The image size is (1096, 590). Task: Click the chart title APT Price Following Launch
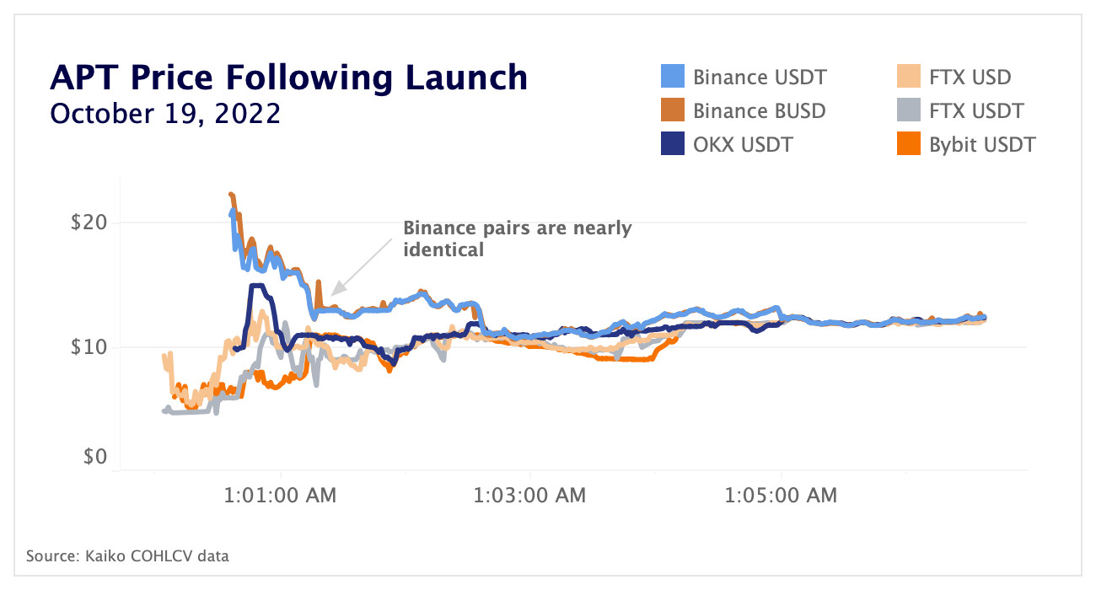pyautogui.click(x=288, y=78)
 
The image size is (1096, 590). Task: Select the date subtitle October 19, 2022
pyautogui.click(x=165, y=114)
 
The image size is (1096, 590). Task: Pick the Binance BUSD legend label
pyautogui.click(x=759, y=111)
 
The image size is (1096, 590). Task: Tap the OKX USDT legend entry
pyautogui.click(x=742, y=145)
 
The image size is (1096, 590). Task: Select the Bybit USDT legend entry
pyautogui.click(x=982, y=145)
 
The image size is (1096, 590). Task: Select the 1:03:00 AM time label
pyautogui.click(x=529, y=496)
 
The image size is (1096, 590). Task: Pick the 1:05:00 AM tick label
pyautogui.click(x=780, y=496)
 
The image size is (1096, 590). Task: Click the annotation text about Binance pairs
pyautogui.click(x=517, y=239)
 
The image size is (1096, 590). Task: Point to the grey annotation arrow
pyautogui.click(x=363, y=265)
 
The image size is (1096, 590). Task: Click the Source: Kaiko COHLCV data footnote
pyautogui.click(x=127, y=556)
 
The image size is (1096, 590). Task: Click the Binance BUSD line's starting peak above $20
pyautogui.click(x=232, y=195)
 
